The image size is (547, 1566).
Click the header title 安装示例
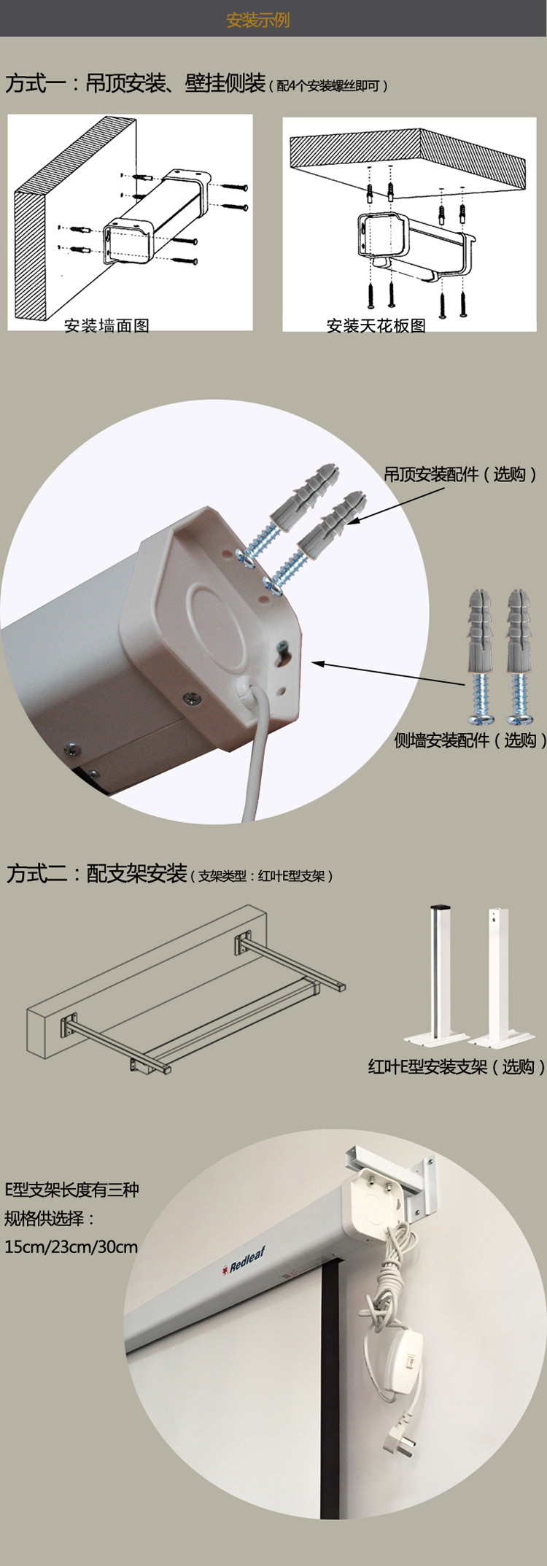coord(258,20)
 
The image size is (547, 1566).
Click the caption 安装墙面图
coord(106,325)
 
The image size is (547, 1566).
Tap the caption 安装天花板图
coord(376,325)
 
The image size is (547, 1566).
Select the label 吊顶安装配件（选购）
coord(461,474)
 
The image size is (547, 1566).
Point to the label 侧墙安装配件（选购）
coord(470,740)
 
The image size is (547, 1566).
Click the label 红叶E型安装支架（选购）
coord(457,1067)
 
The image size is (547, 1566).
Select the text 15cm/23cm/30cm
coord(71,1247)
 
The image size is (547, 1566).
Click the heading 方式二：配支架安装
coord(97,873)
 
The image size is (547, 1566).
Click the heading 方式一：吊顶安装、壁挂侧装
coord(136,83)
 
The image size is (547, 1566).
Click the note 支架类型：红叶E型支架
coord(262,876)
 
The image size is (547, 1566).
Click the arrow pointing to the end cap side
coord(388,673)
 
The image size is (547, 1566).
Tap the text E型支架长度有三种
coord(71,1190)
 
